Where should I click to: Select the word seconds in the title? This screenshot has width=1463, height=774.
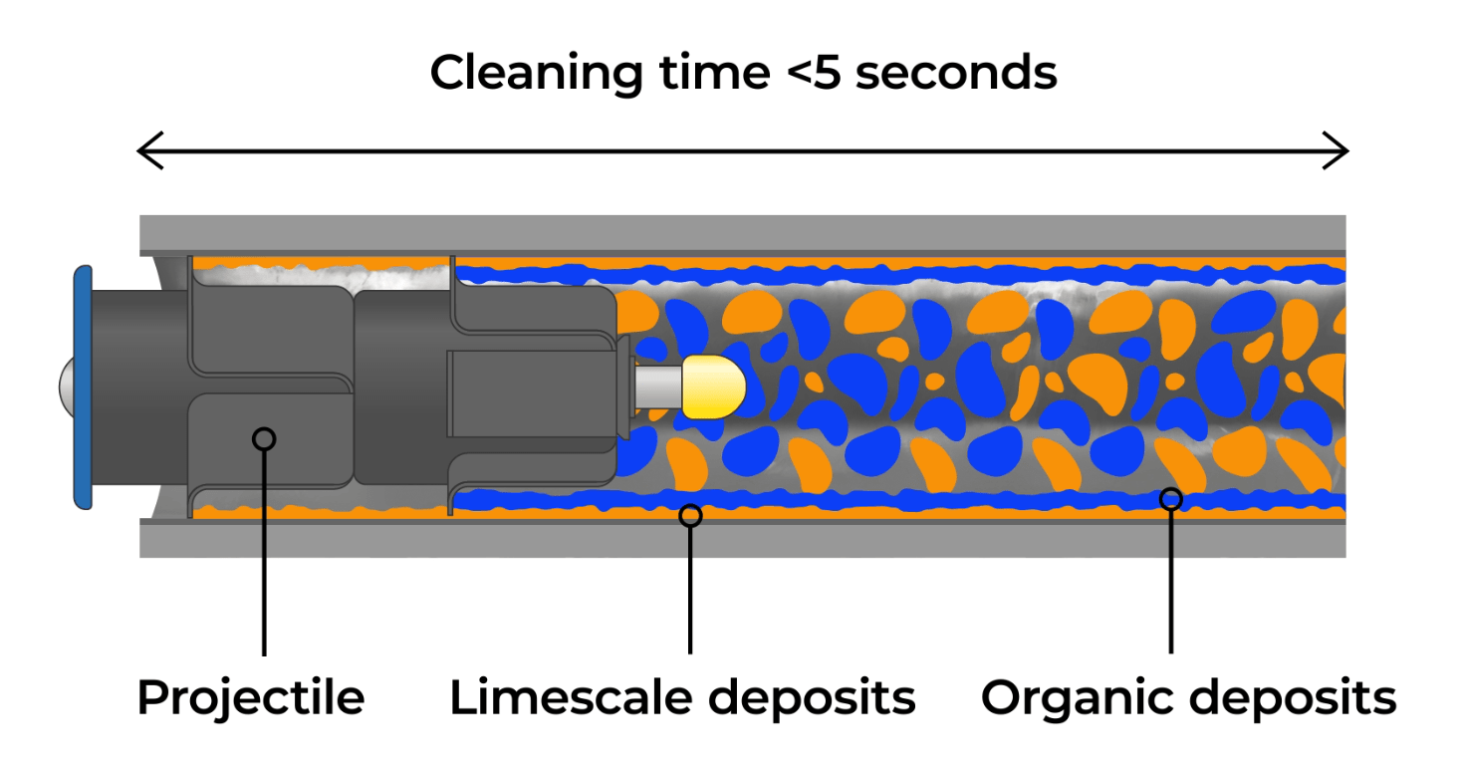956,73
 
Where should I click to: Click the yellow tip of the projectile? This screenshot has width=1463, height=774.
714,387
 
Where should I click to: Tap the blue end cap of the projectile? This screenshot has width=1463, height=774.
84,387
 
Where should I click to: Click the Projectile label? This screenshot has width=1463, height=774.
251,697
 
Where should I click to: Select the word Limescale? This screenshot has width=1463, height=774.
571,697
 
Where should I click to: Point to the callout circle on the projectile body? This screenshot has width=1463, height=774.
264,438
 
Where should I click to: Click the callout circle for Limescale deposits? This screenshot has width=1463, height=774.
689,515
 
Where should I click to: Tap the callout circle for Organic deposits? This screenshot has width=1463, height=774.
1171,498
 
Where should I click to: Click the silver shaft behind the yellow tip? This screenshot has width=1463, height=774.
658,387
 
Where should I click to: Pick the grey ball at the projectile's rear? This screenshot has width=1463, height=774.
66,387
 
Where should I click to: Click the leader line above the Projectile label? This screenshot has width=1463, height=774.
264,558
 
